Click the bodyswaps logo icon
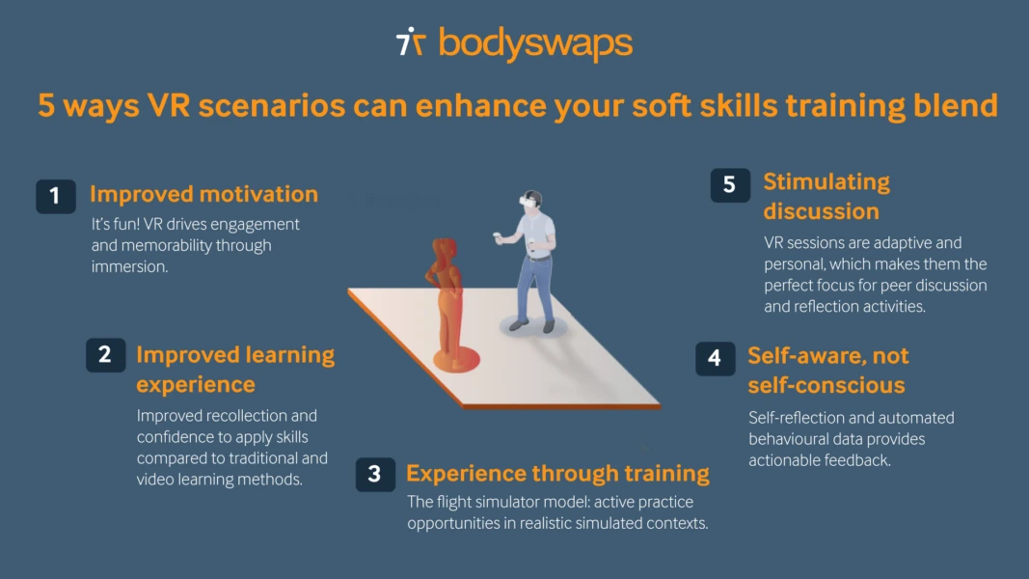[x=411, y=42]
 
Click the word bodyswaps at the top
[x=535, y=43]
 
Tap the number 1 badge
[x=55, y=196]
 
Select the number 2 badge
[x=105, y=355]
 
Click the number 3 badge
[x=375, y=474]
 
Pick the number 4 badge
[x=715, y=358]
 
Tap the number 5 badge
[x=730, y=184]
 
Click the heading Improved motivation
[x=203, y=194]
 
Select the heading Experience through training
[x=557, y=474]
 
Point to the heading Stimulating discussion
[x=826, y=197]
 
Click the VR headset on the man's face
[x=527, y=202]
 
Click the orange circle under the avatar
[x=456, y=360]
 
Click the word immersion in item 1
[x=129, y=267]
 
